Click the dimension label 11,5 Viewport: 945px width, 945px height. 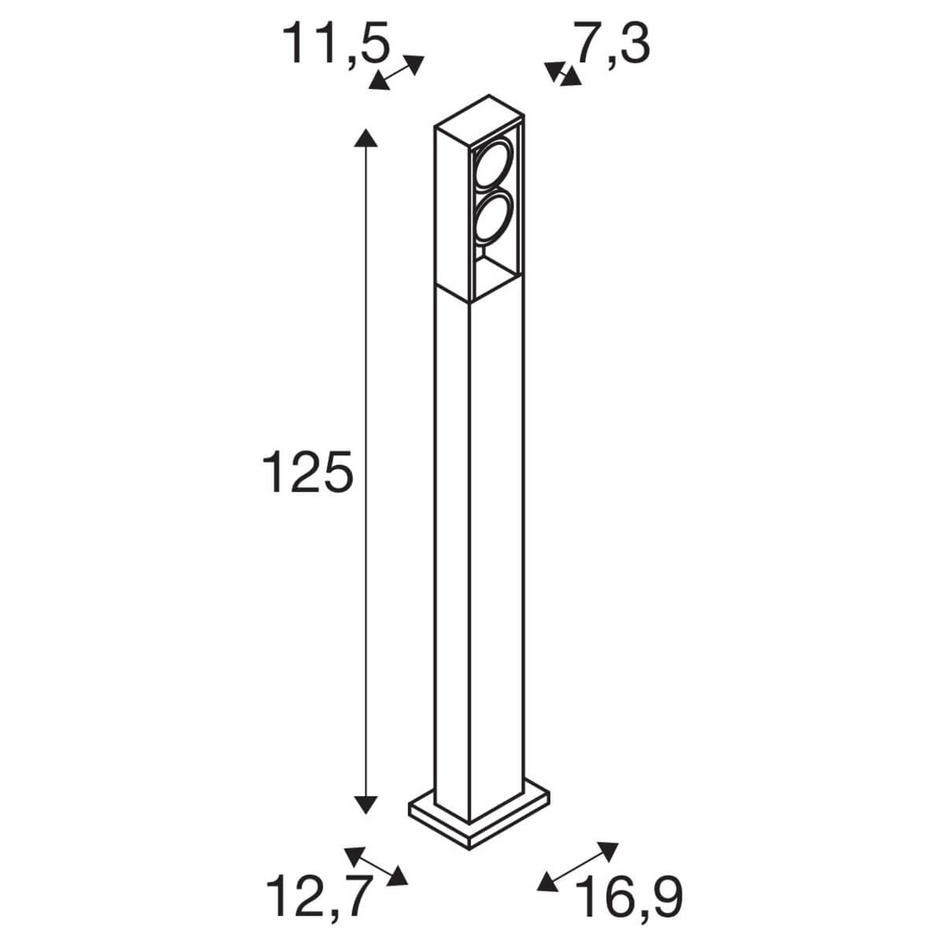[337, 44]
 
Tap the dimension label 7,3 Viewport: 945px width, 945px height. [611, 44]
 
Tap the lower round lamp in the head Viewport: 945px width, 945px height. [492, 220]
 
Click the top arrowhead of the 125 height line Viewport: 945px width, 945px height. [363, 140]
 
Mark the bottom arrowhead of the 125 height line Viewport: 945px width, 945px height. [363, 803]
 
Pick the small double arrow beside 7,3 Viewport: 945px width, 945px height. [562, 74]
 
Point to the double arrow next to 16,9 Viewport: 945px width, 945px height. [576, 866]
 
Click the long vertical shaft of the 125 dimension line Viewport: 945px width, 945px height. [363, 354]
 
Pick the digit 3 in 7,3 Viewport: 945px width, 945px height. [633, 44]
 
